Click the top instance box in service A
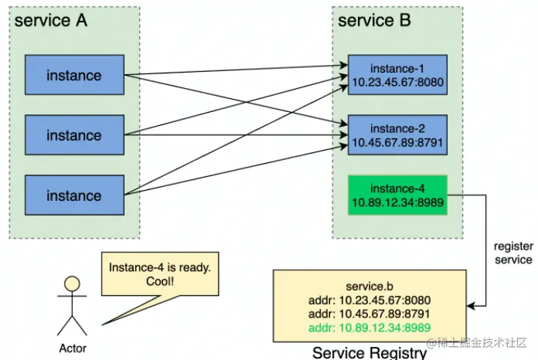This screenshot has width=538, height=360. [74, 75]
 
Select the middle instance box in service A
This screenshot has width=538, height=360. [74, 135]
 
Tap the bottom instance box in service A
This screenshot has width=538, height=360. [74, 195]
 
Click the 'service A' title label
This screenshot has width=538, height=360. [51, 21]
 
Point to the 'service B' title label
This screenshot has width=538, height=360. [375, 21]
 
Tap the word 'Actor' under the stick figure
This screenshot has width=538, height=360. [73, 348]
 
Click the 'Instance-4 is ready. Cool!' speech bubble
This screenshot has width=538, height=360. [160, 274]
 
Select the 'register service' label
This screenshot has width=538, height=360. [512, 253]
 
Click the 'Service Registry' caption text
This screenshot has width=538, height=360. [369, 352]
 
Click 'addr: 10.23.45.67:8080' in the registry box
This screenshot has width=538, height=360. [368, 301]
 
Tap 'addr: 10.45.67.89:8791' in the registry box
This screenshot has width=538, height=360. [368, 314]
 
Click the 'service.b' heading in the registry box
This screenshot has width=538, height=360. [368, 287]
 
